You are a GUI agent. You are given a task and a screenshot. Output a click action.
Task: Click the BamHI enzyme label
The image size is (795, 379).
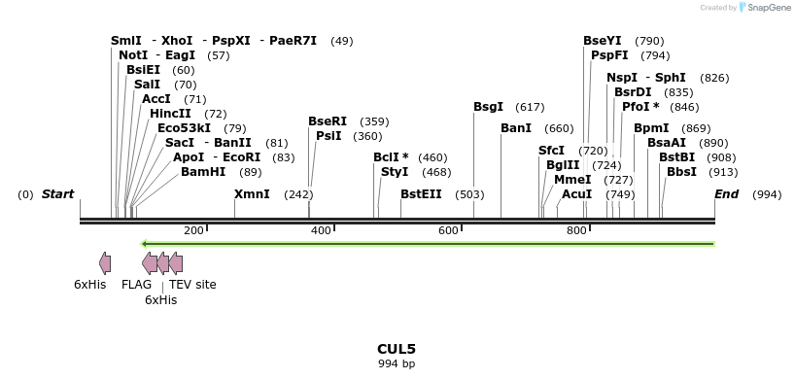(x=203, y=172)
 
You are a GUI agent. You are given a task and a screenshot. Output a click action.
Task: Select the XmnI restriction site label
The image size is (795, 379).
(x=252, y=194)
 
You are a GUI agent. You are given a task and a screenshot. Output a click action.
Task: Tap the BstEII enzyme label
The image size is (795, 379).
(x=421, y=194)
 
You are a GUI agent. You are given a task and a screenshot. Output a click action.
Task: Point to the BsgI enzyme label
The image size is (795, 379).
(x=488, y=107)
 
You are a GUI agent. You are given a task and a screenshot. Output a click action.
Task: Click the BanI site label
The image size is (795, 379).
(x=516, y=128)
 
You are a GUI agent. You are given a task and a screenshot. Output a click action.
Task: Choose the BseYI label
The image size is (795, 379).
(x=603, y=41)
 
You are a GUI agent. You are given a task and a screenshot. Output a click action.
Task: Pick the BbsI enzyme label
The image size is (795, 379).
(x=681, y=172)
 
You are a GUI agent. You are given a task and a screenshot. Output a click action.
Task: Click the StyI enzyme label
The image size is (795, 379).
(x=395, y=172)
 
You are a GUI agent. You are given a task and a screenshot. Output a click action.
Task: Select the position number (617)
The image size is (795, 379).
(x=530, y=107)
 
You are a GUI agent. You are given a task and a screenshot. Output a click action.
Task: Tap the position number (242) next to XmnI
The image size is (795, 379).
(x=298, y=194)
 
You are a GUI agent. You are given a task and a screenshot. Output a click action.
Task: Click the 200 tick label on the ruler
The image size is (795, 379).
(x=193, y=230)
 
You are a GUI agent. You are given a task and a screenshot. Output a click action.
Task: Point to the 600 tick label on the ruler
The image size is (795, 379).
(x=448, y=230)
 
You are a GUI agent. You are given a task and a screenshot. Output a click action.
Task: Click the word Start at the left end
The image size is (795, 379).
(x=57, y=194)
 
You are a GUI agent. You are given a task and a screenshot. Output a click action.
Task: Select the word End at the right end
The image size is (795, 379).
(x=726, y=194)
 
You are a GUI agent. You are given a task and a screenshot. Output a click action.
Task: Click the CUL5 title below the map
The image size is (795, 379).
(x=397, y=348)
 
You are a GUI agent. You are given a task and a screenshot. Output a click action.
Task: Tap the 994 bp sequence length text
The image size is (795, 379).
(x=397, y=363)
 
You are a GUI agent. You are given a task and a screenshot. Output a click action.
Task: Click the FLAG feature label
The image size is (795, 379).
(x=136, y=285)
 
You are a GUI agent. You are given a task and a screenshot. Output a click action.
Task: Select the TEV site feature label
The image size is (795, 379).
(x=192, y=285)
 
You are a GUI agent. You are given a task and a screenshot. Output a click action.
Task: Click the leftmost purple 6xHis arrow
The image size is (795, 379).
(x=105, y=262)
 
